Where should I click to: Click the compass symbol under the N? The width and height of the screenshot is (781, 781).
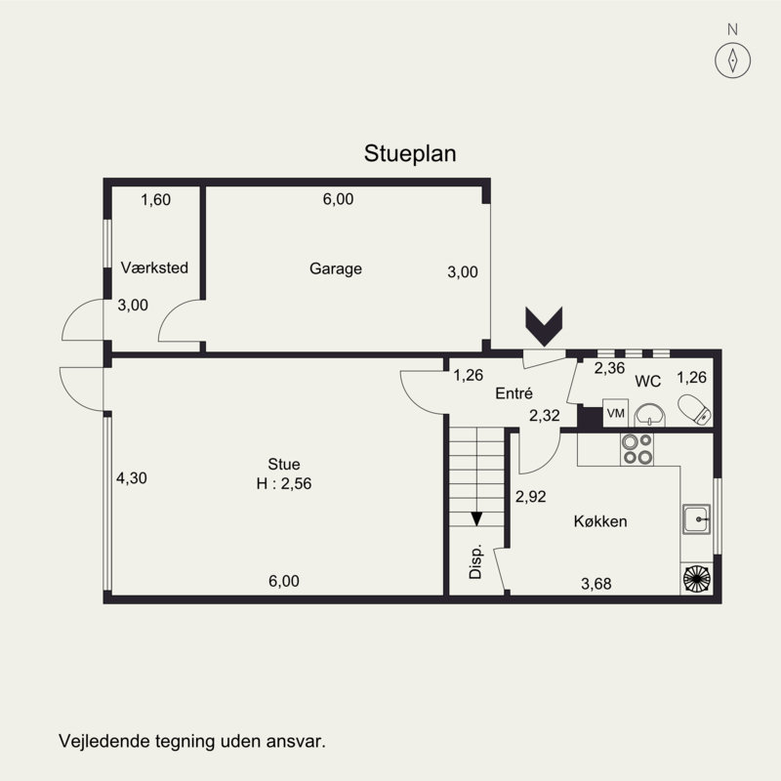click(733, 61)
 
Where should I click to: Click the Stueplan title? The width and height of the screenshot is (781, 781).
click(410, 153)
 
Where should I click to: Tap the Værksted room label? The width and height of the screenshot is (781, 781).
click(154, 267)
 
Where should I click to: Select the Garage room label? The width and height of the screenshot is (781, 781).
click(336, 268)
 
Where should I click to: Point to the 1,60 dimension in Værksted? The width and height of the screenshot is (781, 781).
click(156, 200)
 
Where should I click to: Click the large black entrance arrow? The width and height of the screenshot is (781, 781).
click(544, 326)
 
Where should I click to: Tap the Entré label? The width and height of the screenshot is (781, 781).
click(514, 393)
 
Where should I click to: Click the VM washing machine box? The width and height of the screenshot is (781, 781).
click(616, 413)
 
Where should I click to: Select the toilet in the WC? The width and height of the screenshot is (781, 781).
click(694, 410)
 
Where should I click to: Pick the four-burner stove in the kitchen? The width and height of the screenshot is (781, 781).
click(637, 449)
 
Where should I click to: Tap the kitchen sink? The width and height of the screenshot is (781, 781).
click(696, 519)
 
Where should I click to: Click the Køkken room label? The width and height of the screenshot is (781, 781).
click(600, 521)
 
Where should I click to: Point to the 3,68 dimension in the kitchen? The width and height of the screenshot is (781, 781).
click(596, 584)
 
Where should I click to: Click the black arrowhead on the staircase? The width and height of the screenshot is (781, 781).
click(476, 519)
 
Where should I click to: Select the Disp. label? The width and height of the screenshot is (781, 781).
click(475, 560)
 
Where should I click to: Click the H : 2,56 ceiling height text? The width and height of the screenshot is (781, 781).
click(284, 483)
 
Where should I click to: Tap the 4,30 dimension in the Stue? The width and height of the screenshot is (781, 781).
click(132, 478)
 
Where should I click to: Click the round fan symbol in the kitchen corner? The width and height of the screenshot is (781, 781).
click(697, 579)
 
